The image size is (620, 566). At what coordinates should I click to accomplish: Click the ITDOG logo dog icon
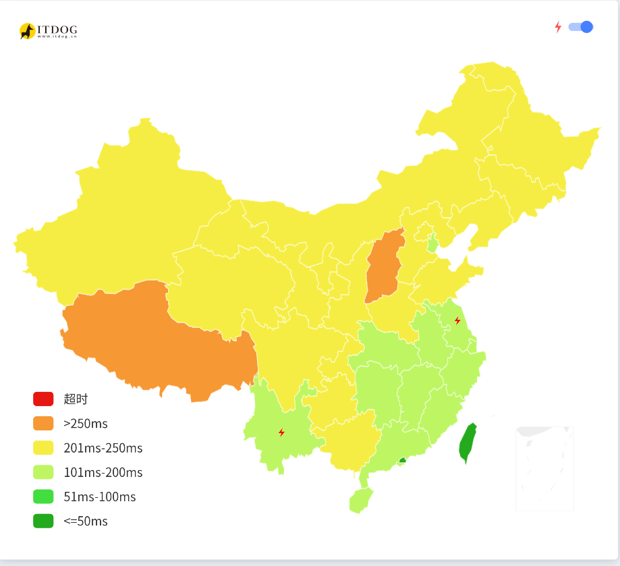(27, 31)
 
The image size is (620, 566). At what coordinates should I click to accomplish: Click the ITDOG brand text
(57, 30)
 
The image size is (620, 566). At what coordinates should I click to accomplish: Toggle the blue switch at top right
(581, 27)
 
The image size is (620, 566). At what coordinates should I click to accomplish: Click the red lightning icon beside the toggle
(558, 27)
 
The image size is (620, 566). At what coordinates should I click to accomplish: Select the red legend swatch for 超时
(43, 399)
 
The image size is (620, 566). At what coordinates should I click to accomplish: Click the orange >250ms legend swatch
(43, 424)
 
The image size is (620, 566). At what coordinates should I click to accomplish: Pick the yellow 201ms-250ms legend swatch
(43, 448)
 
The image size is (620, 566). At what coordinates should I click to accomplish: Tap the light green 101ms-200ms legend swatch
(43, 472)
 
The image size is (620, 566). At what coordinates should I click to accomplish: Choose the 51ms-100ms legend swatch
(43, 497)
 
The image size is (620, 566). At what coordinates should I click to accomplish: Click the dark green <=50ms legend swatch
(43, 521)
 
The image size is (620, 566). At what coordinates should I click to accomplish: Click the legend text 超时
(76, 399)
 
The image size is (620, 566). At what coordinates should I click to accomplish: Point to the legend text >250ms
(86, 424)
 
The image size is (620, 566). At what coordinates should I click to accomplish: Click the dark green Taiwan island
(467, 443)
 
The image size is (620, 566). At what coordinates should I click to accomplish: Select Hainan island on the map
(360, 501)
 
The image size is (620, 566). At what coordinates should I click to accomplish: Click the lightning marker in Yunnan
(281, 432)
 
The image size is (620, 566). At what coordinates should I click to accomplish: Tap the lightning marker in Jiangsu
(457, 320)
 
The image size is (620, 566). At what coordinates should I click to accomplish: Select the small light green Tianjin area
(432, 244)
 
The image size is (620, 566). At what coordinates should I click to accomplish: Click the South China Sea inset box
(544, 468)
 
